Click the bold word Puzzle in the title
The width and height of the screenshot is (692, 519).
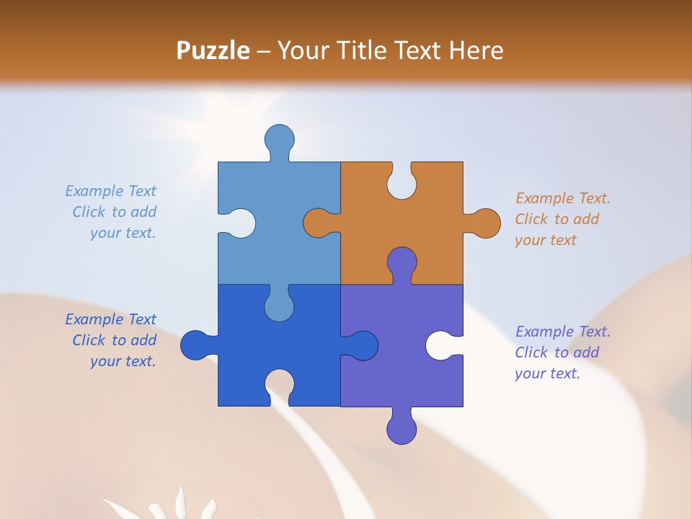[213, 50]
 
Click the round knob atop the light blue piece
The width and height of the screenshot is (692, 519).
[280, 138]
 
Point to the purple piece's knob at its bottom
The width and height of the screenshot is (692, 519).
[402, 430]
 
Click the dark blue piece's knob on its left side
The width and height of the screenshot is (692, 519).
[195, 345]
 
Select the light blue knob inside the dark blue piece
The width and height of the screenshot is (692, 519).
[279, 306]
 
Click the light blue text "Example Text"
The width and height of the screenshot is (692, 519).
[110, 191]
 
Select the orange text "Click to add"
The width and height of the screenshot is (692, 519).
[557, 219]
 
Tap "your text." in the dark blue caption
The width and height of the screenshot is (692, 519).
[123, 361]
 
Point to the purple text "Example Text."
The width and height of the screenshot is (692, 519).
[563, 332]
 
